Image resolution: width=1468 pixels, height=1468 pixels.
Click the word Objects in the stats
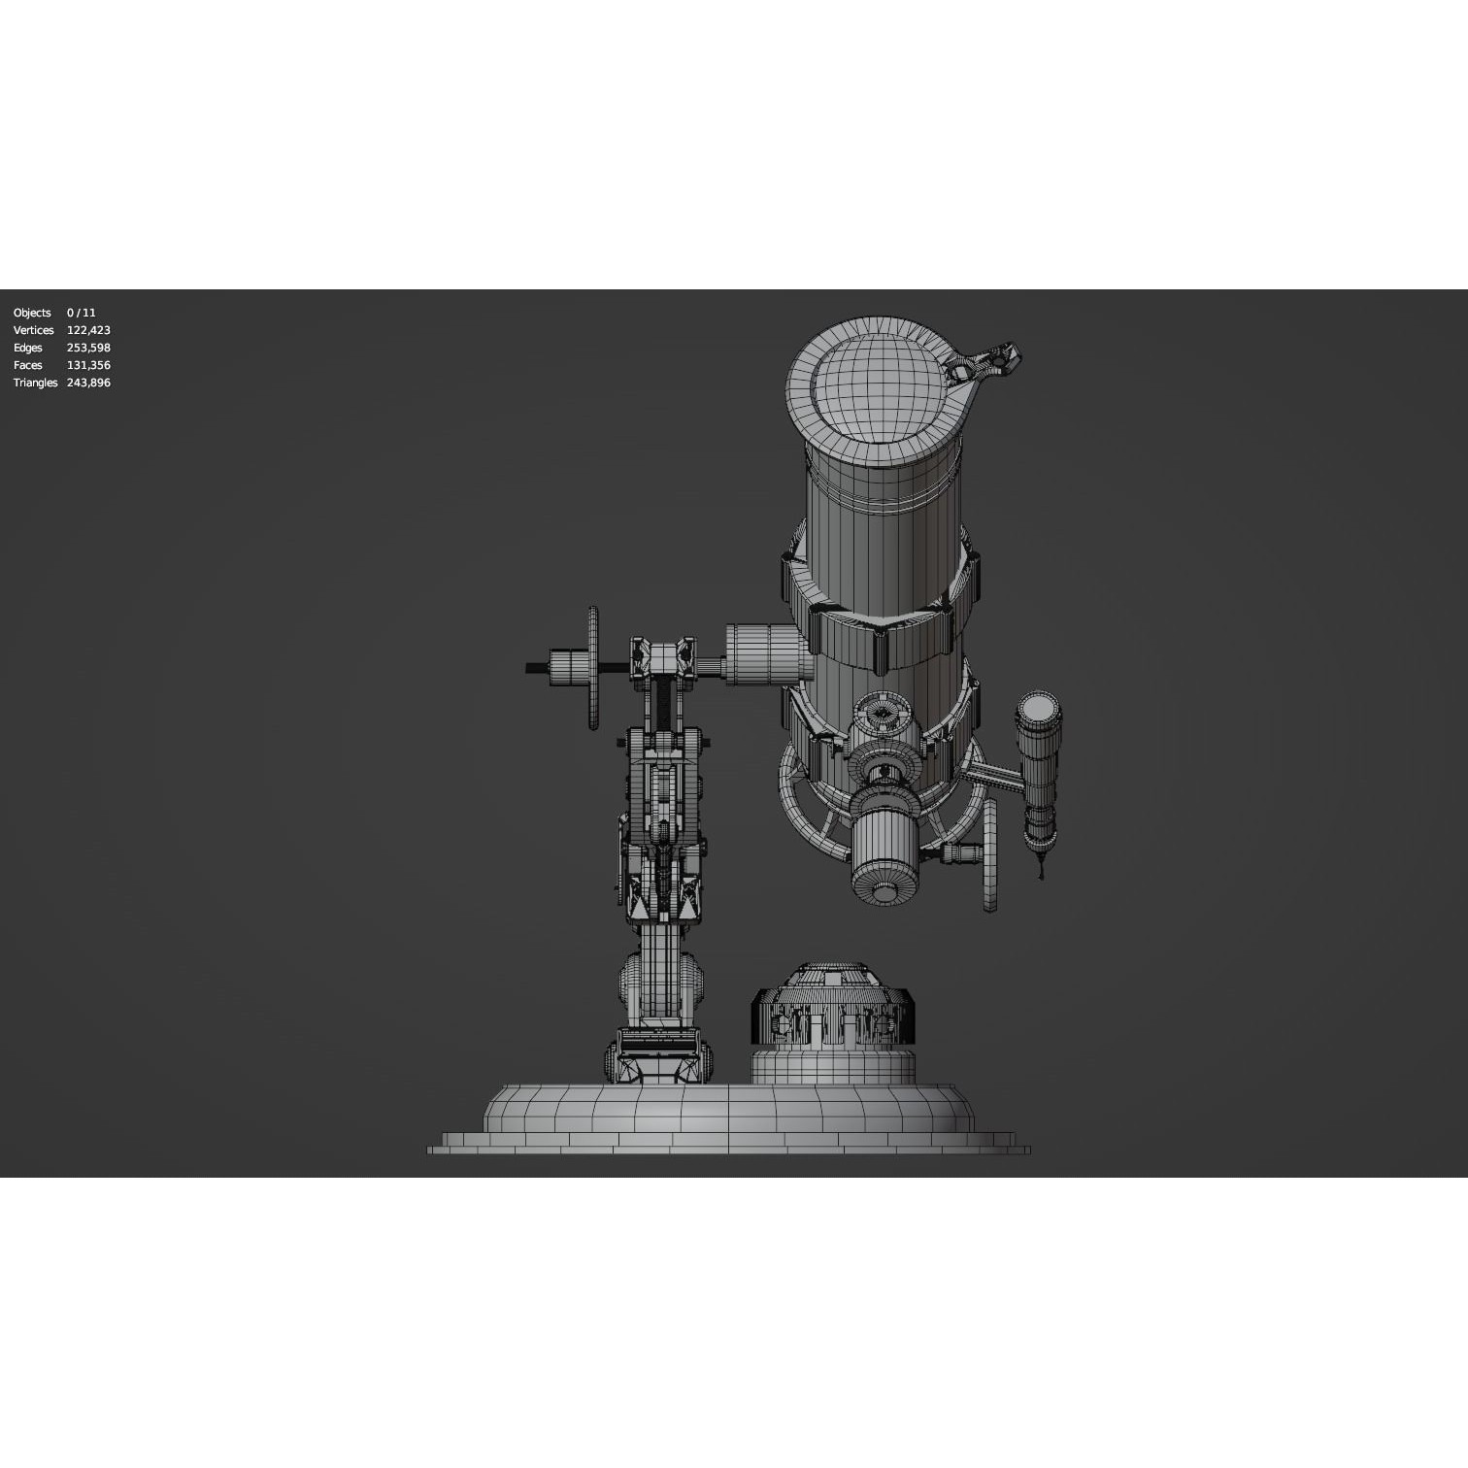click(x=32, y=313)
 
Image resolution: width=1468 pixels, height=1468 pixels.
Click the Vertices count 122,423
click(x=88, y=330)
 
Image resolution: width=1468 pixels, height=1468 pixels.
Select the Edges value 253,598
click(x=88, y=348)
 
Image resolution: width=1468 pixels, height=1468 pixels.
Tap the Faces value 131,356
click(x=88, y=365)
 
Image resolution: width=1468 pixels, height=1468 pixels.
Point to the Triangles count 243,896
click(x=88, y=383)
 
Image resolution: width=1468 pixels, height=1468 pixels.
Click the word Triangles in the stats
click(x=35, y=383)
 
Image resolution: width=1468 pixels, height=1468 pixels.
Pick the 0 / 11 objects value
click(x=81, y=313)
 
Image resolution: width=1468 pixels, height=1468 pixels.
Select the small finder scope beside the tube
click(x=1038, y=767)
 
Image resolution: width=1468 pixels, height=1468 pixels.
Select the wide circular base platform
click(x=728, y=1117)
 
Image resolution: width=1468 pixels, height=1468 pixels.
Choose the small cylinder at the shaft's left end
click(x=562, y=668)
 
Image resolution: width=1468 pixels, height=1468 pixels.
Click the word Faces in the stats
click(x=28, y=365)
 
